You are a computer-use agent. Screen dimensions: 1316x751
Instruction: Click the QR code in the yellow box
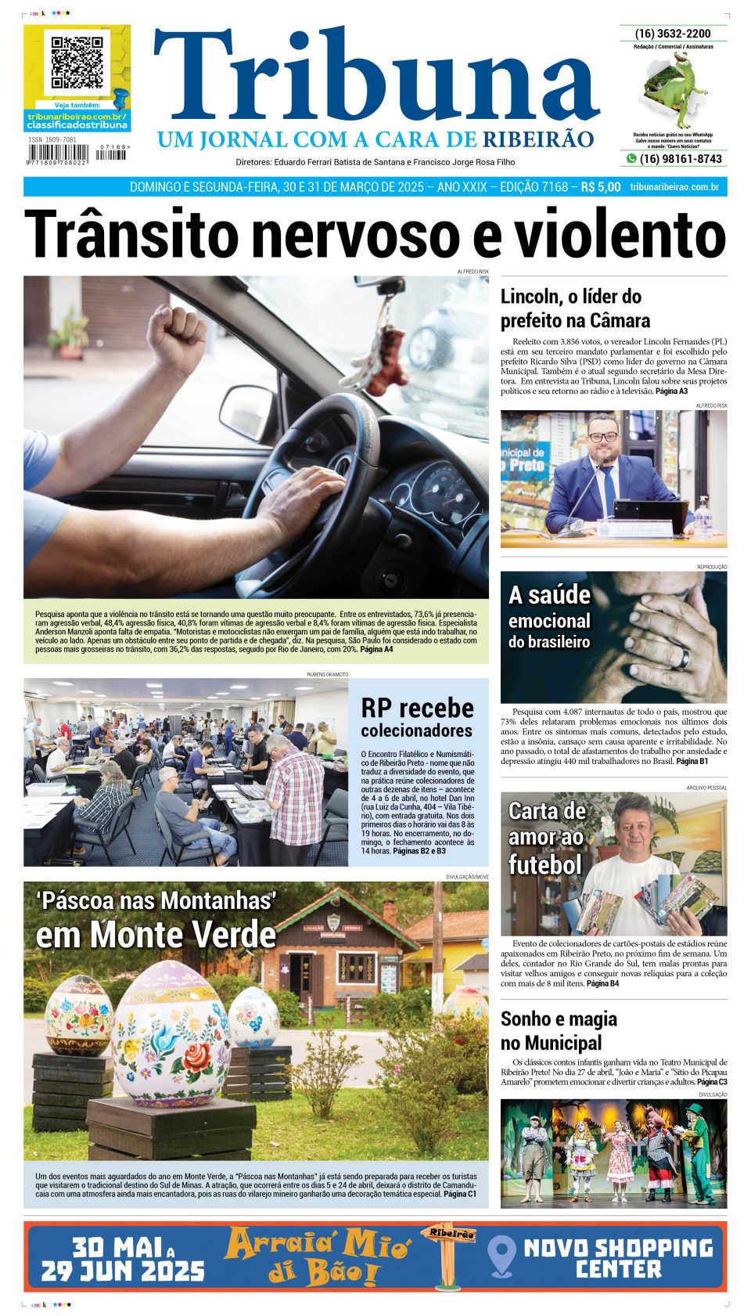point(77,62)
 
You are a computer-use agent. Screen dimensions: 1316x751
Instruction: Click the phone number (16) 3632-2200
point(673,34)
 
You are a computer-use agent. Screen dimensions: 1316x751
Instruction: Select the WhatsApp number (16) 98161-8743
point(680,159)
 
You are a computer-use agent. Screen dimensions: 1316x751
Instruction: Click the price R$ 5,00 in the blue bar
point(600,187)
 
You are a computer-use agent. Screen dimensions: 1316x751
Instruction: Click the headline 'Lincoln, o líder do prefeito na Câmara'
point(575,308)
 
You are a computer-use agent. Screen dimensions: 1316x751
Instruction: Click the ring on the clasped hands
point(683,658)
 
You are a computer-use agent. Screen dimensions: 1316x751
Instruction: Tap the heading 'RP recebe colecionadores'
point(417,717)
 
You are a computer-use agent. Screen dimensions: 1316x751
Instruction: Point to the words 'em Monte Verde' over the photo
point(156,935)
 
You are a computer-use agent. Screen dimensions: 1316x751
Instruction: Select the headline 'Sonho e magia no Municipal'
point(559,1030)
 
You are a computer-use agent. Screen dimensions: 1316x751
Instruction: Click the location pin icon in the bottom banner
point(501,1256)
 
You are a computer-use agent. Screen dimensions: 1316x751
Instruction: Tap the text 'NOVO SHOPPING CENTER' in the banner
point(618,1257)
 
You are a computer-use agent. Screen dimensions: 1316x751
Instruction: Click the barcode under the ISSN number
point(59,155)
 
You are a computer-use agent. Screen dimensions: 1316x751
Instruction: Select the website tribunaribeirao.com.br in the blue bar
point(674,187)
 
